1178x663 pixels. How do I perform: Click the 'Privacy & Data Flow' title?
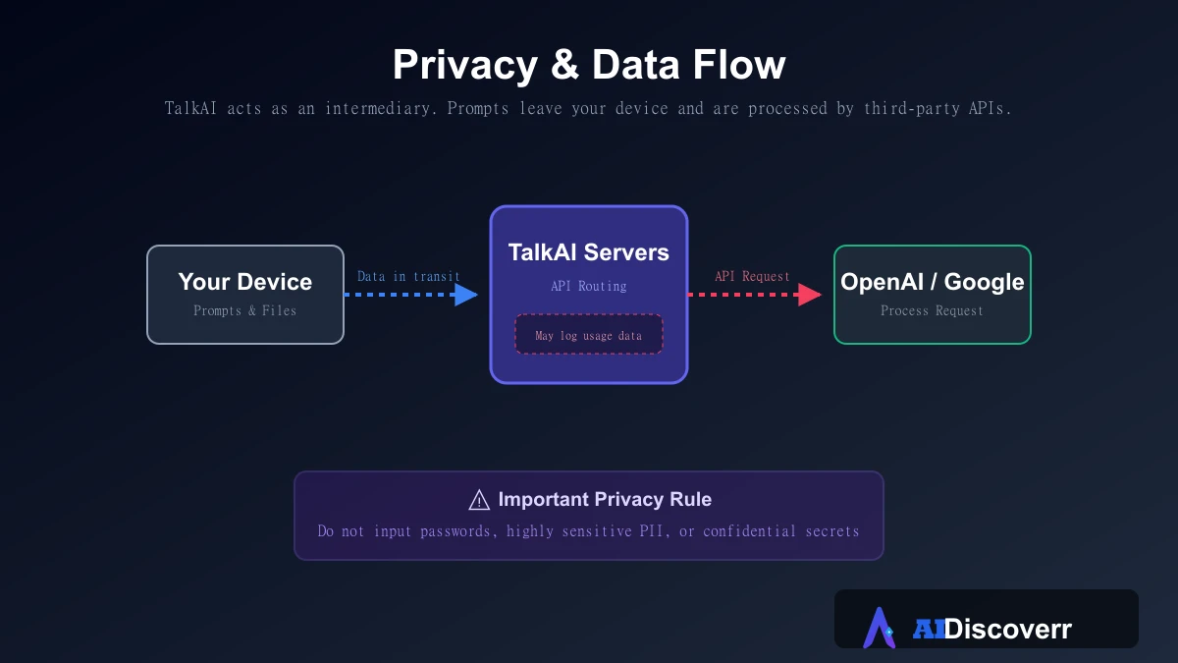pos(589,65)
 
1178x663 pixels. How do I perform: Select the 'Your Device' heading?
pos(245,282)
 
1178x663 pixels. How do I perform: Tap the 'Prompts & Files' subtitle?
pos(245,310)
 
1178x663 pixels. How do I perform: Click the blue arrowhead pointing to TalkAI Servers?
pos(466,295)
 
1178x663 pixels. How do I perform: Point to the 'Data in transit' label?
pos(408,276)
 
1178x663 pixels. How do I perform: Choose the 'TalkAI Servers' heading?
pos(588,252)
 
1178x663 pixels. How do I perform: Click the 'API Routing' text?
pos(588,286)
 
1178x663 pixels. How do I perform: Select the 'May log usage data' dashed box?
pos(588,335)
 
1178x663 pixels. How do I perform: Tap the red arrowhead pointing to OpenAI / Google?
pos(810,295)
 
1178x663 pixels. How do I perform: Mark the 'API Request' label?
pos(752,276)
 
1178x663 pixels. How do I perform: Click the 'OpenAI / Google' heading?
pos(933,282)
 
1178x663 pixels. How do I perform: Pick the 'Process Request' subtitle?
pos(932,310)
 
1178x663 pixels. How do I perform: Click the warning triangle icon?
pos(479,500)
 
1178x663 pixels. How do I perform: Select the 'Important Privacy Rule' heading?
pos(605,499)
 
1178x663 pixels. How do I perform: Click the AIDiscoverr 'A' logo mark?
pos(880,628)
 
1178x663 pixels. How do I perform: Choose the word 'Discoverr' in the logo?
pos(1007,629)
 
